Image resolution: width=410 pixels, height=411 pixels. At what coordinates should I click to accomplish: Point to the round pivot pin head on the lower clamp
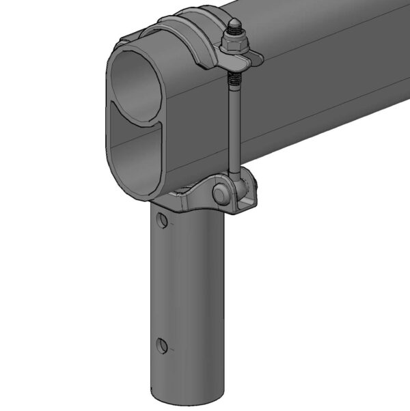[223, 195]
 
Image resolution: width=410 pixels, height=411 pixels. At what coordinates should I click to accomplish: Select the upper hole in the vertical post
[161, 220]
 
